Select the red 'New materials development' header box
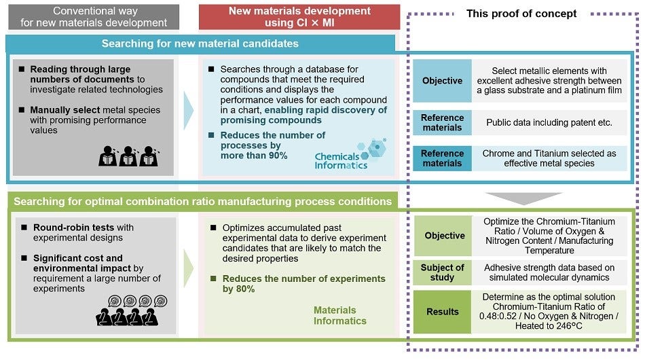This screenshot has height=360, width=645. [x=299, y=17]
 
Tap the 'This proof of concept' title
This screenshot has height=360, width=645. [x=521, y=14]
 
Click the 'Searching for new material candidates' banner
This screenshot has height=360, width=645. [x=200, y=43]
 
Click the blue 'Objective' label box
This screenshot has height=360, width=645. [x=442, y=81]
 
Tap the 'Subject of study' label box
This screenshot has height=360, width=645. [x=442, y=272]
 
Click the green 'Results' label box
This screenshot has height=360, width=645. [x=442, y=312]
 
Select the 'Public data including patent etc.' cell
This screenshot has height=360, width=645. [x=550, y=123]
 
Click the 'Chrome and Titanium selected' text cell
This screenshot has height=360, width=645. [x=550, y=158]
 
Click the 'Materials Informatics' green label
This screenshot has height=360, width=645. [x=339, y=315]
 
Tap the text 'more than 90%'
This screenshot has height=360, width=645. [x=254, y=156]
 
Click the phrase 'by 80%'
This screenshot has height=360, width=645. [x=238, y=289]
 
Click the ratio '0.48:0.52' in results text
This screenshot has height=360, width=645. [x=497, y=316]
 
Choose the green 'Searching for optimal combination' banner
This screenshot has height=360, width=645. [x=202, y=201]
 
